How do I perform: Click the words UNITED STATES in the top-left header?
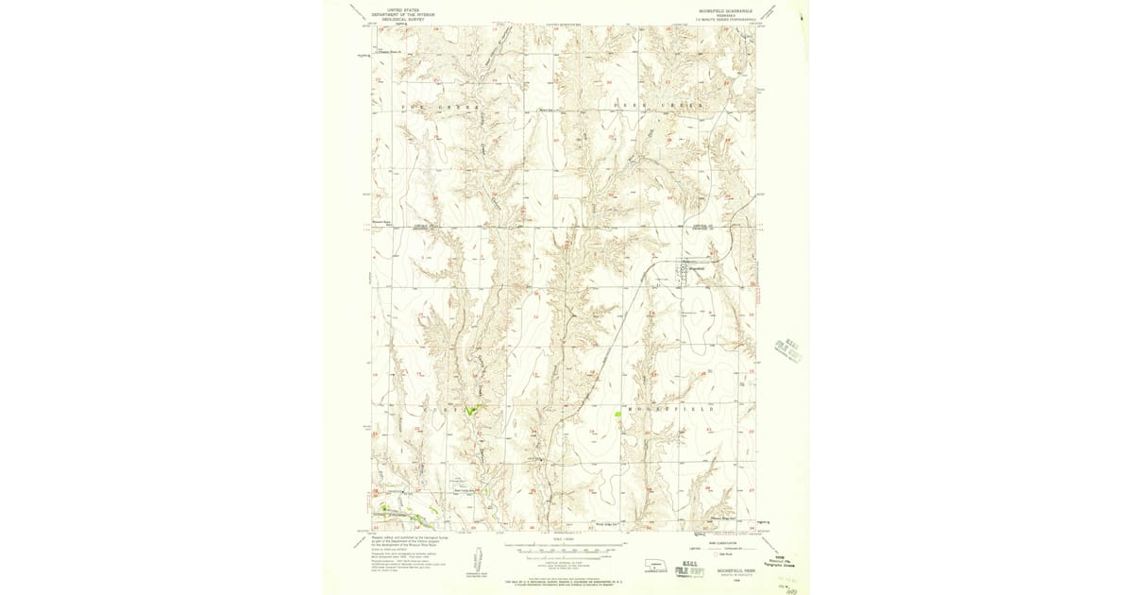pos(402,8)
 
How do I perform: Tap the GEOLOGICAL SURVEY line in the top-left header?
pos(402,18)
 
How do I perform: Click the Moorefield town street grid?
pos(683,272)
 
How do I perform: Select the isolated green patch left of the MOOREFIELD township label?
pos(618,414)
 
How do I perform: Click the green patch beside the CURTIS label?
pos(478,408)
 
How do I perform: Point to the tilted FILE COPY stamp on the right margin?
pos(787,347)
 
